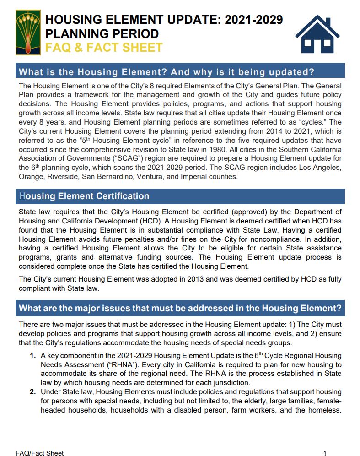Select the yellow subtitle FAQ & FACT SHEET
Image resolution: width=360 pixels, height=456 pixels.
(103, 48)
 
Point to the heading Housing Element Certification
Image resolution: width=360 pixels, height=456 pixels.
(84, 196)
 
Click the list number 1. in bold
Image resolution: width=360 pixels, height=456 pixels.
(33, 356)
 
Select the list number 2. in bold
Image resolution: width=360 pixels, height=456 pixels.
(33, 392)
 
